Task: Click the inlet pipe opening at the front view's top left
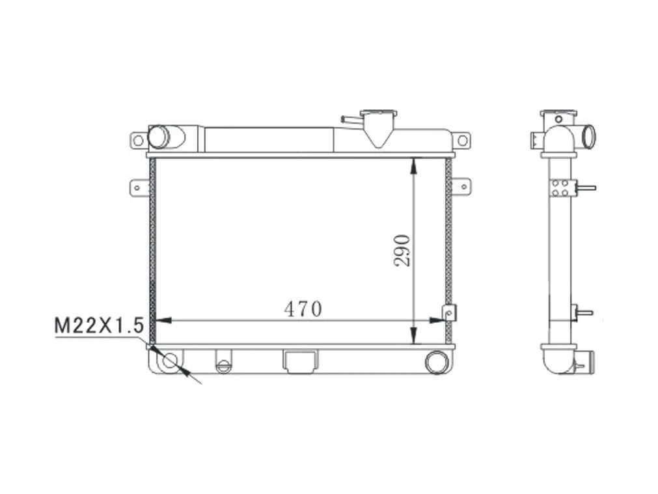(x=158, y=137)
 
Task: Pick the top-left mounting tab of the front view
(x=139, y=140)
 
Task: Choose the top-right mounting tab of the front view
(x=461, y=140)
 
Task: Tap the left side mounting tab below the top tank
(x=139, y=186)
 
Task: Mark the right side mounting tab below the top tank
(x=461, y=186)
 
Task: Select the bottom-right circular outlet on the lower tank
(x=436, y=361)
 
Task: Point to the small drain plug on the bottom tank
(x=223, y=365)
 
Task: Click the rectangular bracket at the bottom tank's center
(x=299, y=361)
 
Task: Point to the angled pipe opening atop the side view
(x=589, y=136)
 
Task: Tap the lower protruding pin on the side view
(x=584, y=312)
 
